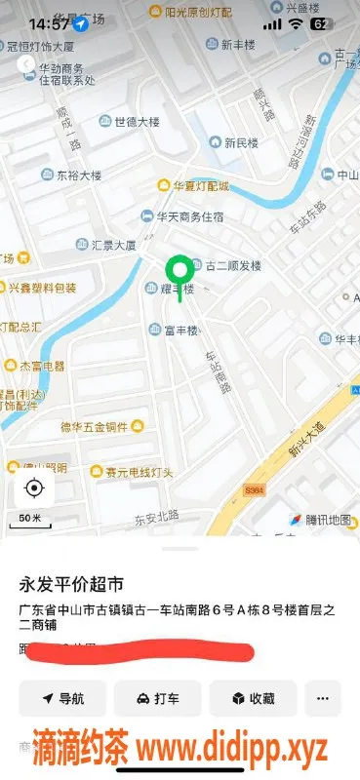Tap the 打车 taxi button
[157, 698]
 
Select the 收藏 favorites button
[253, 698]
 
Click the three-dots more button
[323, 698]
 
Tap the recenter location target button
[34, 488]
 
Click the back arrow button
[26, 63]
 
